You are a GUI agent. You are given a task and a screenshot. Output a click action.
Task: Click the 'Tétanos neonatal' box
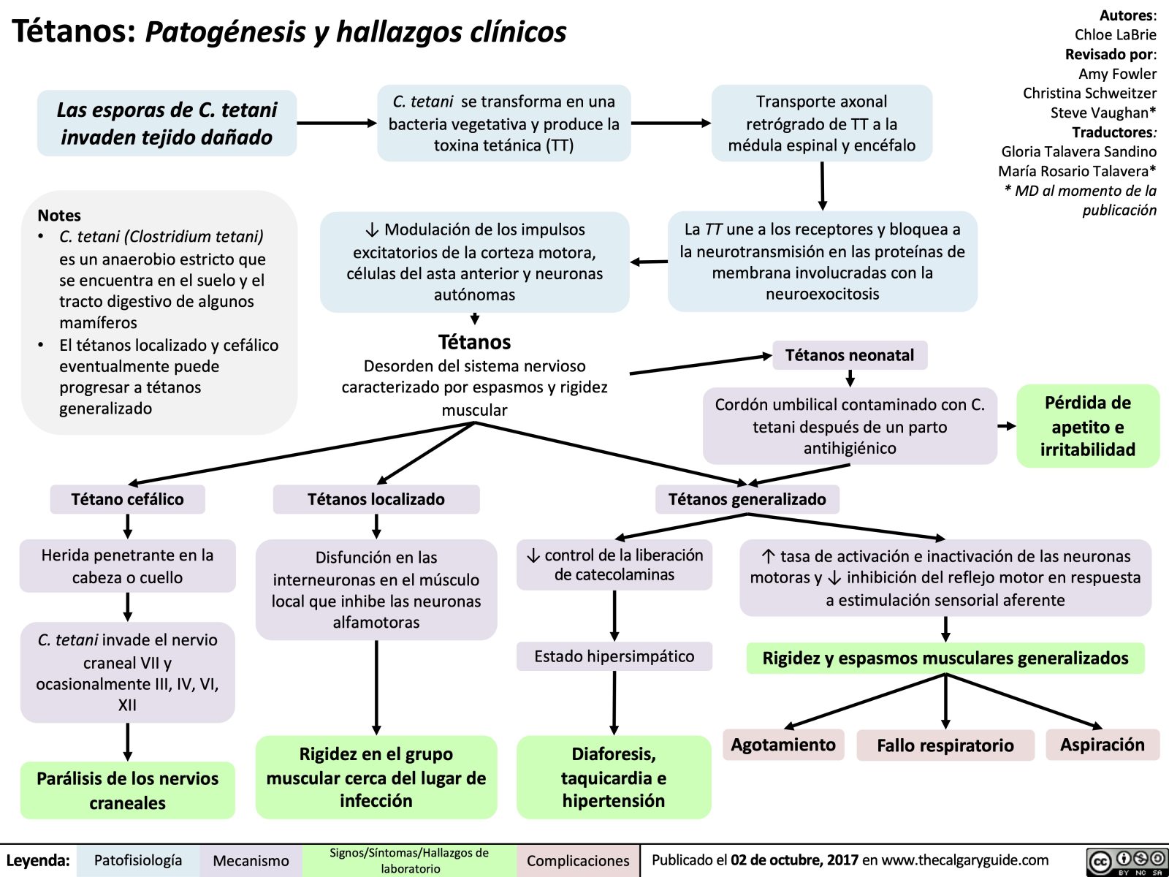850,355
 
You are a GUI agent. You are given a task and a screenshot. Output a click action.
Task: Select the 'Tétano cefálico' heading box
127,499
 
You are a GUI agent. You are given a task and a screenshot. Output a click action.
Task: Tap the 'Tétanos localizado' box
376,499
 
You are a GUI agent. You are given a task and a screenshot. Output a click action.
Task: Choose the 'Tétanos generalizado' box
747,499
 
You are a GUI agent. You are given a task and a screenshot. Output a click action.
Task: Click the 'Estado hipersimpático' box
614,656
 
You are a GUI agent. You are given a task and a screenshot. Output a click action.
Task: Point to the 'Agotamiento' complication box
783,745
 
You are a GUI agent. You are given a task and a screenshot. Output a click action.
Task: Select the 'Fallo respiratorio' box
945,745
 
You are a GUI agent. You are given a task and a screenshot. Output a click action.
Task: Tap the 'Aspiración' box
1102,745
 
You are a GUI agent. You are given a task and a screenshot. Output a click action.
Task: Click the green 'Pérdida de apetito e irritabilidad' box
1087,426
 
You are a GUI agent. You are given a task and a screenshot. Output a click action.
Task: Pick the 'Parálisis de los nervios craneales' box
127,790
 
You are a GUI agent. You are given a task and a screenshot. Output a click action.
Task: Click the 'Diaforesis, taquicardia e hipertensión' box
614,777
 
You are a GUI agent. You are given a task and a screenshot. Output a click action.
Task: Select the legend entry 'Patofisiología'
138,860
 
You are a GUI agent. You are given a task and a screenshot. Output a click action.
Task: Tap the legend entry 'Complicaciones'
577,861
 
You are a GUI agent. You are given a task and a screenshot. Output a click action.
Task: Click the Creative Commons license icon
1126,862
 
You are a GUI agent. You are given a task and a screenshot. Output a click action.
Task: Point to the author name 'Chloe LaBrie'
1115,34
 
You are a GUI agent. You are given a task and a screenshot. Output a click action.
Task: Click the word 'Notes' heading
59,216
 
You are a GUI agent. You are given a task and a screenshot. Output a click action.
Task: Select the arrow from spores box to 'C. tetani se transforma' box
336,124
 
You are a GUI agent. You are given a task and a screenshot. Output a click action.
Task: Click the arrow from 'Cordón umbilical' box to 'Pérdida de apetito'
1007,426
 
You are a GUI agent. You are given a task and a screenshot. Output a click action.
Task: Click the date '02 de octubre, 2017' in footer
794,860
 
